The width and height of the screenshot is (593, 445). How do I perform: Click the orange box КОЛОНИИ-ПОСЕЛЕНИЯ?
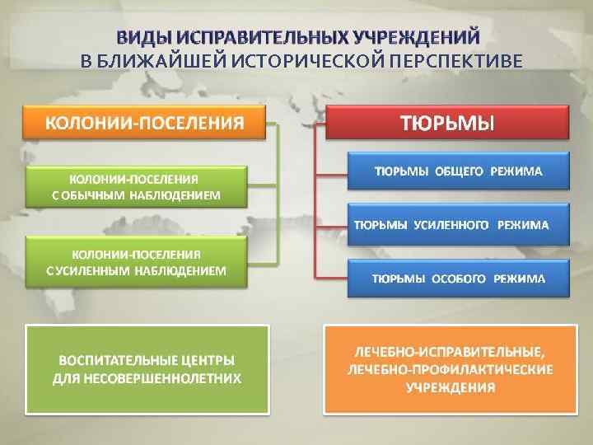[x=144, y=123]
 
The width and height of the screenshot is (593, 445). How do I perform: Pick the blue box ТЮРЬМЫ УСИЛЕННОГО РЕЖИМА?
[x=458, y=224]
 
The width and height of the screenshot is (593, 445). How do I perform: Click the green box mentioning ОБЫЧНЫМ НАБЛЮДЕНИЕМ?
[x=137, y=186]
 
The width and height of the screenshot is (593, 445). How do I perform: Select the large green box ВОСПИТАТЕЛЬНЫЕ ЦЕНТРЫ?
[x=148, y=369]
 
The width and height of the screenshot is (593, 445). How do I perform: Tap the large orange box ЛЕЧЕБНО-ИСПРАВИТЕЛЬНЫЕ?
[x=450, y=369]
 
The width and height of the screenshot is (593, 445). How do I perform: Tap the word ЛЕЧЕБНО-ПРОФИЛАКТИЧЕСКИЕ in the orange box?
[x=450, y=369]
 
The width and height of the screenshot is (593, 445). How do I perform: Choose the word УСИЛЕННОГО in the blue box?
[x=449, y=224]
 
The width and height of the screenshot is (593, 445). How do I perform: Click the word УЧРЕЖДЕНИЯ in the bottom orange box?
[x=450, y=386]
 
